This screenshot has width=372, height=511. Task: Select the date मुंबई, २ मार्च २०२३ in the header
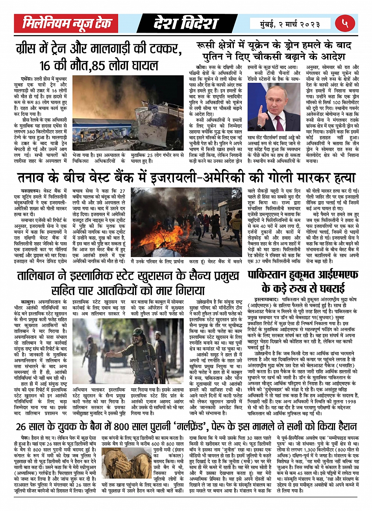coord(290,24)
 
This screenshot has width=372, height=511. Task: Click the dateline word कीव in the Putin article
coord(201,67)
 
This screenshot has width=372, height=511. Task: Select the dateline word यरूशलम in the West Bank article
coord(30,190)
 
